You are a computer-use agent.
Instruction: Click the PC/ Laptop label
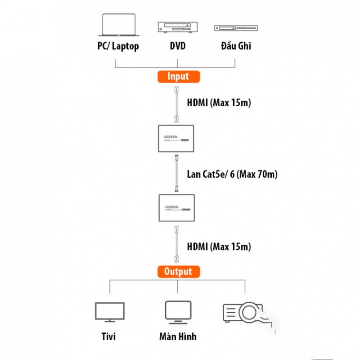pyautogui.click(x=118, y=46)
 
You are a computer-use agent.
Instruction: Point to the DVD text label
pyautogui.click(x=177, y=46)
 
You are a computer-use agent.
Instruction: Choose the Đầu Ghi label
pyautogui.click(x=236, y=46)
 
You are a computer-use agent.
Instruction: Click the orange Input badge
pyautogui.click(x=178, y=76)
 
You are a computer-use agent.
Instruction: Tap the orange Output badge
pyautogui.click(x=178, y=271)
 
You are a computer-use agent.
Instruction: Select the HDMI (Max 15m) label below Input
pyautogui.click(x=219, y=103)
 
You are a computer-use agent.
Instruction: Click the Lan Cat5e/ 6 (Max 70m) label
pyautogui.click(x=232, y=174)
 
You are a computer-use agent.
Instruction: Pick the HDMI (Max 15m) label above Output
pyautogui.click(x=219, y=247)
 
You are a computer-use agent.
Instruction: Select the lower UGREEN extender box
pyautogui.click(x=176, y=207)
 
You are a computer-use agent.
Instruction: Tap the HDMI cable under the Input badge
pyautogui.click(x=177, y=103)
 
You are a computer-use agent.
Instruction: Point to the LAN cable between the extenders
pyautogui.click(x=177, y=173)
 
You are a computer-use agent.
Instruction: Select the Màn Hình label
pyautogui.click(x=177, y=337)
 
